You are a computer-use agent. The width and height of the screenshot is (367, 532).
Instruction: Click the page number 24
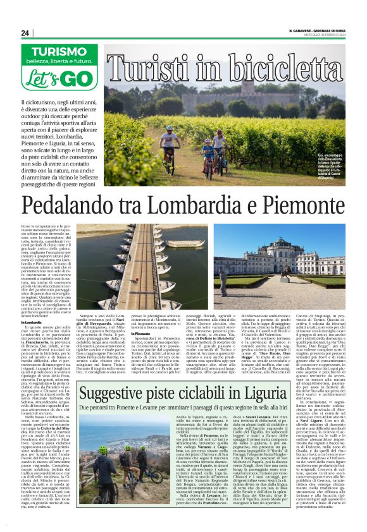point(25,33)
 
